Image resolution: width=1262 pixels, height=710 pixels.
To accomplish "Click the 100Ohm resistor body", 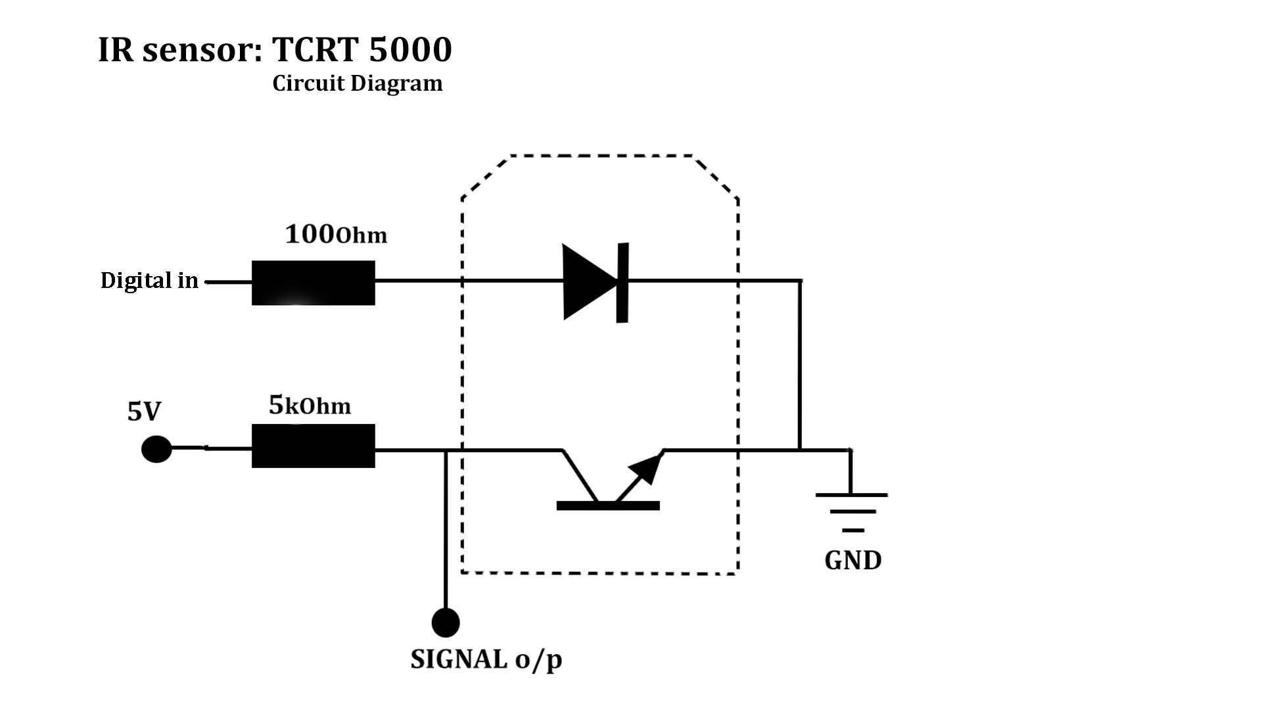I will pyautogui.click(x=313, y=283).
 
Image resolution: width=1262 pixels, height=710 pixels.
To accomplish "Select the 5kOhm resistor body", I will pyautogui.click(x=313, y=446).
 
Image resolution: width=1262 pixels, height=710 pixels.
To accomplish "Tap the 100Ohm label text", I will pyautogui.click(x=336, y=235).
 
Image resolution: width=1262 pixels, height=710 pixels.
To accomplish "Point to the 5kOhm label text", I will pyautogui.click(x=310, y=406).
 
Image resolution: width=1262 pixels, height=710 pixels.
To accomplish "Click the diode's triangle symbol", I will pyautogui.click(x=587, y=282).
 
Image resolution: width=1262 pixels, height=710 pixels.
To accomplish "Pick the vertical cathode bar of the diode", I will pyautogui.click(x=622, y=283).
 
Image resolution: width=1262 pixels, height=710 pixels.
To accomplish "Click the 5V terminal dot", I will pyautogui.click(x=156, y=449).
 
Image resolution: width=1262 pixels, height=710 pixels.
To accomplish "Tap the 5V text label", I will pyautogui.click(x=144, y=412).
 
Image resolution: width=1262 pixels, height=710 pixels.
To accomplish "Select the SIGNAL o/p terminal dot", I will pyautogui.click(x=446, y=622).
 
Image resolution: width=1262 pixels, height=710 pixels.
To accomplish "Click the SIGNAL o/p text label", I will pyautogui.click(x=486, y=659).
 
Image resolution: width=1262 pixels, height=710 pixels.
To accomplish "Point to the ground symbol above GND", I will pyautogui.click(x=852, y=511).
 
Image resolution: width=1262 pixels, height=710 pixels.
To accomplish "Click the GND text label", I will pyautogui.click(x=853, y=560).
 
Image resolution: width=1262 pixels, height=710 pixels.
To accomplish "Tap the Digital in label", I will pyautogui.click(x=149, y=281).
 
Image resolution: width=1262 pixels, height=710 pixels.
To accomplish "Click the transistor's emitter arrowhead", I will pyautogui.click(x=645, y=468).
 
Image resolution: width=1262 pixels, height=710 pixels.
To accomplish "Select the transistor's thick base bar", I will pyautogui.click(x=608, y=505).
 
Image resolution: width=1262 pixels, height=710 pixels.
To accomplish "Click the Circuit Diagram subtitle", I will pyautogui.click(x=358, y=83).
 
